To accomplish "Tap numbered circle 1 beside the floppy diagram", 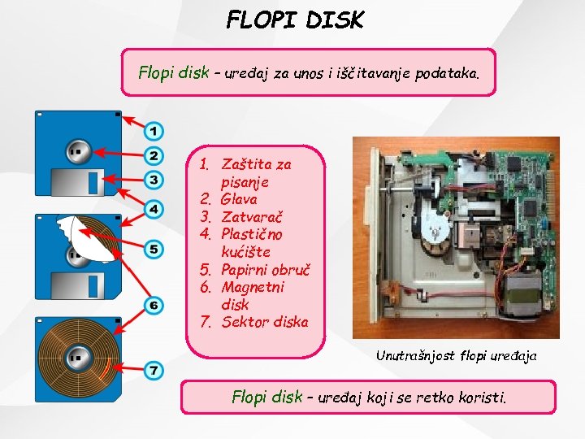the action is (154, 131).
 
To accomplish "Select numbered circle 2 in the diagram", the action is (154, 154).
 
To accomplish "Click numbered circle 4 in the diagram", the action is (154, 210).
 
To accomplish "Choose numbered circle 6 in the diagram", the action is (154, 306).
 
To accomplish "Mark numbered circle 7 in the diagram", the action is (154, 371).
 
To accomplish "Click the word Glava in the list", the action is (239, 199).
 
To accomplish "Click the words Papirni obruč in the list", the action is (266, 270).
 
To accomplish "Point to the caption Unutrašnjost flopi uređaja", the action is (456, 355).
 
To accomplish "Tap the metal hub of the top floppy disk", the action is (78, 150).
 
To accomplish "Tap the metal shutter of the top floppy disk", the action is (78, 182).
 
